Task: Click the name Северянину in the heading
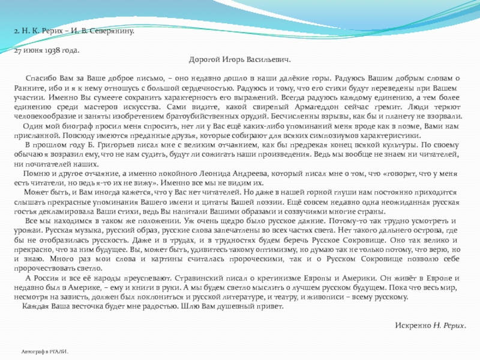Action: [113, 30]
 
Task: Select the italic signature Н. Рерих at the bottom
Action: [450, 325]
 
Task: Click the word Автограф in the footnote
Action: [33, 350]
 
